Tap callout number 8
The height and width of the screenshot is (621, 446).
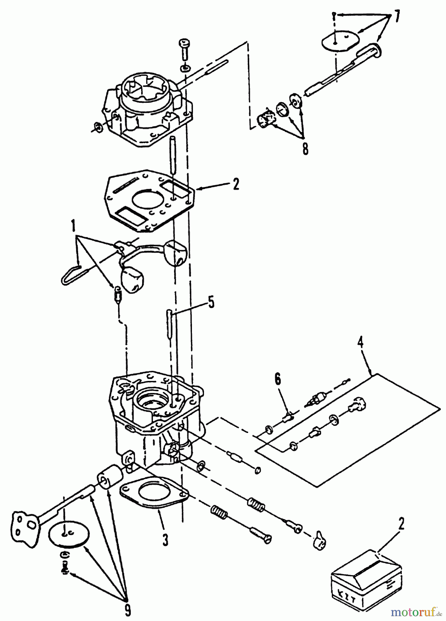[x=305, y=149]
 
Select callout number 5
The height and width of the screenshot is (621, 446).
[x=211, y=302]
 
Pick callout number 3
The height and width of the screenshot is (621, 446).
[x=165, y=539]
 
